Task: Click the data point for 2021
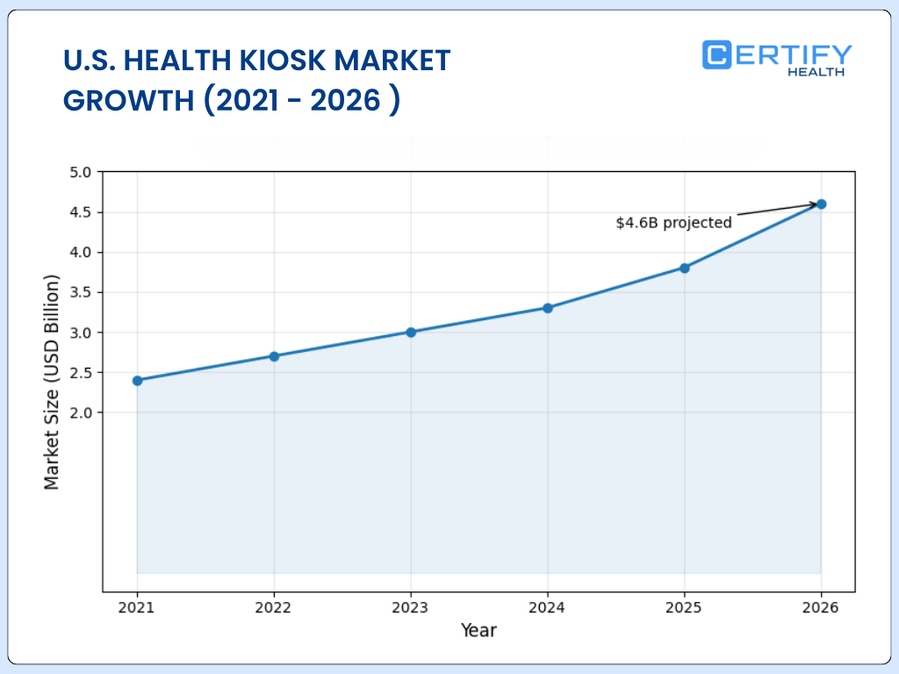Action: click(137, 380)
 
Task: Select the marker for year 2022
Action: click(274, 356)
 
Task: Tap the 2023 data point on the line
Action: click(411, 332)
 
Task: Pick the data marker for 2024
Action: click(548, 308)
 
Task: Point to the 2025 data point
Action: click(685, 268)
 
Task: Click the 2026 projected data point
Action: click(821, 204)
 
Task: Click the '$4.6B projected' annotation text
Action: click(673, 223)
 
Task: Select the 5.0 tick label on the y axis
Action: click(80, 172)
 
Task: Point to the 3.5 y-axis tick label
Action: click(80, 292)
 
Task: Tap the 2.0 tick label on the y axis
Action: click(80, 412)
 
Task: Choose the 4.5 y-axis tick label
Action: click(80, 212)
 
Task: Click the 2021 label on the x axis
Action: click(137, 607)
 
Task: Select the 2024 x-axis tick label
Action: click(548, 607)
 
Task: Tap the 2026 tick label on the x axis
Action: click(821, 607)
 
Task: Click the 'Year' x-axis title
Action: click(478, 630)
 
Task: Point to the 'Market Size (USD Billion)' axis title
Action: click(53, 382)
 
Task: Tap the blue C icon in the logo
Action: click(717, 54)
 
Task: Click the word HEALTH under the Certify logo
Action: click(816, 72)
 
